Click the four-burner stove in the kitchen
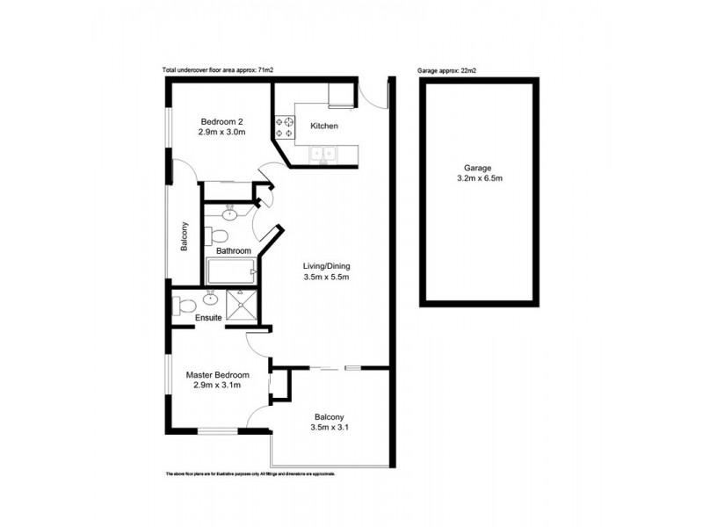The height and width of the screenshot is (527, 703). pos(286,127)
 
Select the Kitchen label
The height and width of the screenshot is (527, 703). pos(324,126)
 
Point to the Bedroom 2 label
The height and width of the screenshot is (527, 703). pos(221,121)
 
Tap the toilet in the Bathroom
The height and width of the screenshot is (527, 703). pos(217,235)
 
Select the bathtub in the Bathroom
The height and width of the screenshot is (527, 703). pos(230,273)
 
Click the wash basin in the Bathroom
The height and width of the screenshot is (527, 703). pos(229,213)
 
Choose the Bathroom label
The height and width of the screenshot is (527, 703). pos(235,251)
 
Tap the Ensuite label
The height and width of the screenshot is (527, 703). pos(208,318)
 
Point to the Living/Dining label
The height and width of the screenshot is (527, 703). pos(327,266)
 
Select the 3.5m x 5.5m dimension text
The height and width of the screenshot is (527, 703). pos(327,278)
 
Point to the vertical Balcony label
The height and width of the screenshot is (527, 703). pos(185,236)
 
